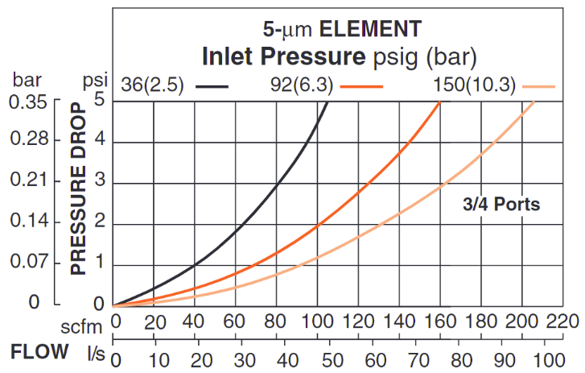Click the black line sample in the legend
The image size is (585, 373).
tap(212, 85)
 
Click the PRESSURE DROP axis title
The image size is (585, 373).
tap(79, 189)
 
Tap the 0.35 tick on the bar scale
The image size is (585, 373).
tap(28, 102)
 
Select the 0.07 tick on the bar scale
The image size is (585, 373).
tap(28, 263)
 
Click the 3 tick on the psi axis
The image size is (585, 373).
tap(99, 183)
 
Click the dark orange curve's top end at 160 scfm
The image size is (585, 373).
tap(439, 102)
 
